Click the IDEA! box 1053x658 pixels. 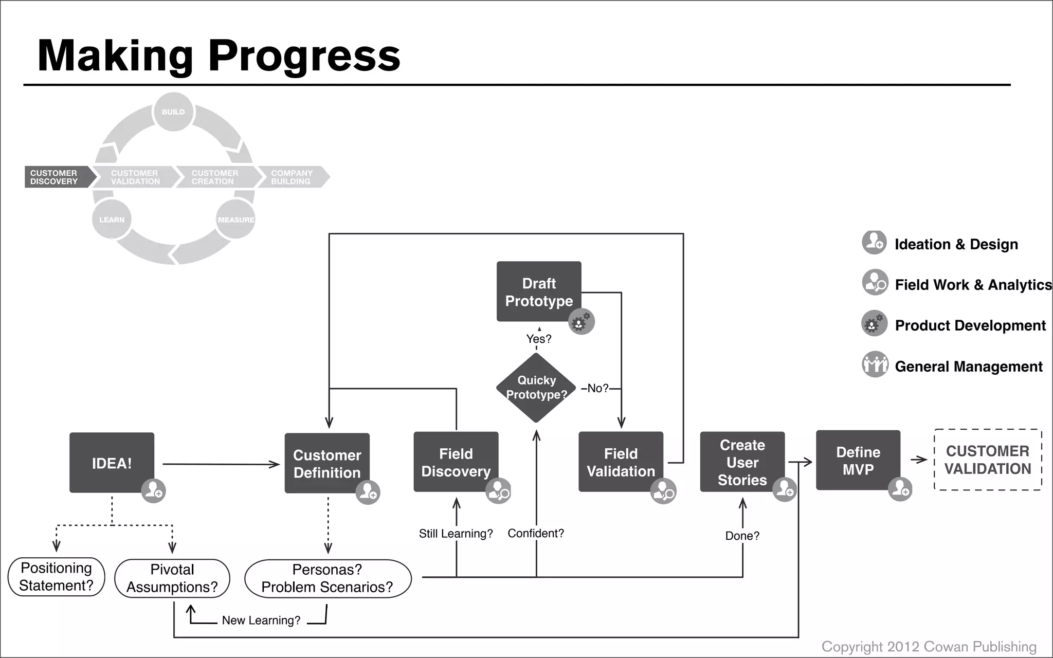112,463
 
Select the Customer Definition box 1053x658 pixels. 327,463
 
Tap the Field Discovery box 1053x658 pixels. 456,462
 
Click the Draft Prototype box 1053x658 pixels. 538,291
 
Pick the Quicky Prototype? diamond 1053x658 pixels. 536,388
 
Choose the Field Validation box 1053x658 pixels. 621,462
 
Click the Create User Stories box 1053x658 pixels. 742,462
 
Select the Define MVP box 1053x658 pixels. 858,460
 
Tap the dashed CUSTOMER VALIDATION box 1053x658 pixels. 987,460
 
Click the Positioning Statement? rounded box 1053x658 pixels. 57,577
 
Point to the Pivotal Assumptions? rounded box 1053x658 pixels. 172,578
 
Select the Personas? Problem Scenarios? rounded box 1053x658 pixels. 328,578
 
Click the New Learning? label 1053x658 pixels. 261,620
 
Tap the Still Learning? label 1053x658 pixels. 456,534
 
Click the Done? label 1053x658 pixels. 742,536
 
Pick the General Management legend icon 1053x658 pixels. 875,364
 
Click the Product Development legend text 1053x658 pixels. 970,325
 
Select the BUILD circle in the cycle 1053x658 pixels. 173,112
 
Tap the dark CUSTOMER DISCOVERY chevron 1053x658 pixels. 57,177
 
